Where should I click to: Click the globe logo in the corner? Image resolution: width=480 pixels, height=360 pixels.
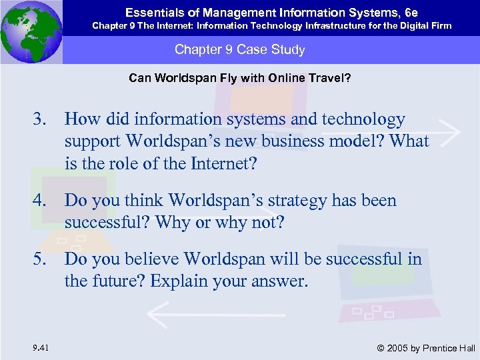[31, 32]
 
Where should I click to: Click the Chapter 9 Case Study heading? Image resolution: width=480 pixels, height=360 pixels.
[239, 50]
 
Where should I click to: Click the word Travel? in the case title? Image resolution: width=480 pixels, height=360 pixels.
[331, 78]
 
